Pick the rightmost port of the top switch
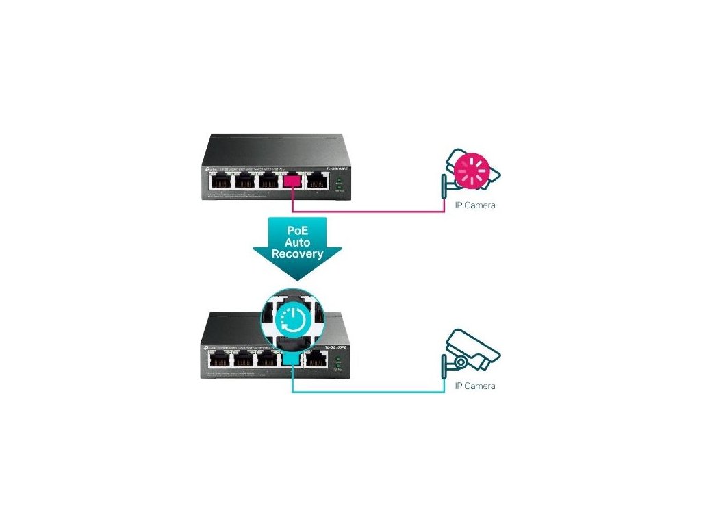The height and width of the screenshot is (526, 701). pyautogui.click(x=316, y=181)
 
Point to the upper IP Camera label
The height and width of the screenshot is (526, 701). pyautogui.click(x=475, y=205)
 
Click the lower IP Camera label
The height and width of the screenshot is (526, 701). pyautogui.click(x=475, y=386)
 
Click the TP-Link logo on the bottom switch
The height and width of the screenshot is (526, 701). pyautogui.click(x=207, y=347)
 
